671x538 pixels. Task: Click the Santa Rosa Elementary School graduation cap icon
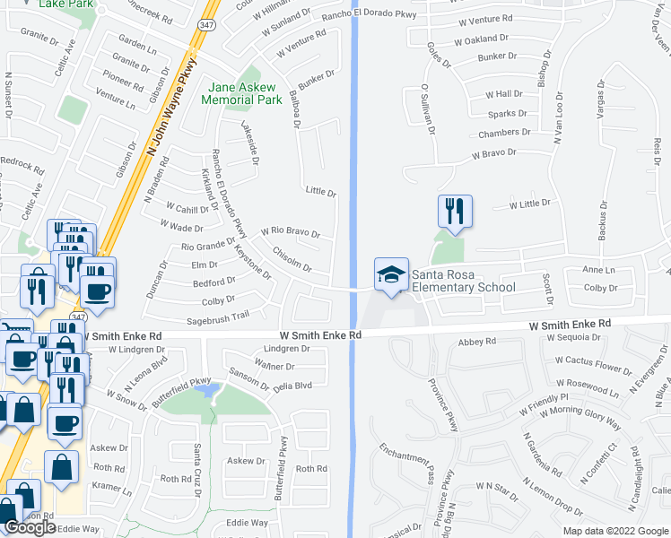391,273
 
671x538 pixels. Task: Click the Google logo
30,527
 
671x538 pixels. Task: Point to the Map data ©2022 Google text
615,531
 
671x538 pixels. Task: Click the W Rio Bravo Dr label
291,232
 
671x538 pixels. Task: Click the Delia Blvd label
292,386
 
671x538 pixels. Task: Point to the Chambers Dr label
504,133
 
